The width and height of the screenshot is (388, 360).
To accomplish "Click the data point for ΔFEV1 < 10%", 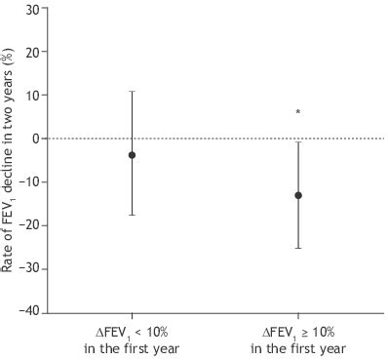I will pyautogui.click(x=132, y=155).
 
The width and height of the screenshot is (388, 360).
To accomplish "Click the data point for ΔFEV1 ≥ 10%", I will pyautogui.click(x=298, y=195).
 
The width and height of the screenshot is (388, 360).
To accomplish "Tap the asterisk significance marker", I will pyautogui.click(x=298, y=113).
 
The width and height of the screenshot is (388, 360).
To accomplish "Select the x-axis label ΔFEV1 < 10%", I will pyautogui.click(x=132, y=338).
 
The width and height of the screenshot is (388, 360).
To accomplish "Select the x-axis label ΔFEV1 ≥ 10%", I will pyautogui.click(x=298, y=338).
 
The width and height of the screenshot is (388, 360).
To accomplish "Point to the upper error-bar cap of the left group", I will pyautogui.click(x=132, y=92).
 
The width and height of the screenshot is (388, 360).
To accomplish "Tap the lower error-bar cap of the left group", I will pyautogui.click(x=132, y=215).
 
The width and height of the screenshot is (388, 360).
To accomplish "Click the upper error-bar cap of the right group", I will pyautogui.click(x=298, y=142).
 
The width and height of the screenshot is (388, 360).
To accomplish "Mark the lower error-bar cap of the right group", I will pyautogui.click(x=298, y=248).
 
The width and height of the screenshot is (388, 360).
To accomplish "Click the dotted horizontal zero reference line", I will pyautogui.click(x=214, y=139).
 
